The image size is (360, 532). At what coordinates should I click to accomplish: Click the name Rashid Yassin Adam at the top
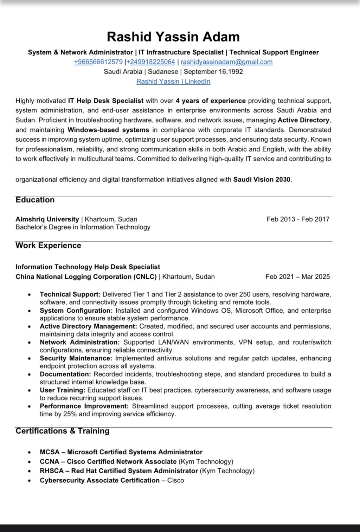pos(173,37)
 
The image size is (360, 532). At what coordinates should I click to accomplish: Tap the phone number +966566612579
pos(98,62)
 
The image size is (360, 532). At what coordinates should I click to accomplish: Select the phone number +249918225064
pos(153,62)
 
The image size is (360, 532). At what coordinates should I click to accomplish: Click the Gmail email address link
pos(226,62)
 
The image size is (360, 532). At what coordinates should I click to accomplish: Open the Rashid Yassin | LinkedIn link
pos(173,82)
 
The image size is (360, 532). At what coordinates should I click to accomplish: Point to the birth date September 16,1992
pos(213,72)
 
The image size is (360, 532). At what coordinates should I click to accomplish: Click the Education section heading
pos(35,200)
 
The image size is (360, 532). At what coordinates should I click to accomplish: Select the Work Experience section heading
pos(48,246)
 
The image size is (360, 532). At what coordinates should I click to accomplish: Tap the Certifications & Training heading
pos(63,431)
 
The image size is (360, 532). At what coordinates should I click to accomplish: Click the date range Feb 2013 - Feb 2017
pos(298,219)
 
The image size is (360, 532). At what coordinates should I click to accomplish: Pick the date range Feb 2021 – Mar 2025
pos(298,277)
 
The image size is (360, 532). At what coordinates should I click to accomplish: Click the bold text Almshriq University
pos(47,219)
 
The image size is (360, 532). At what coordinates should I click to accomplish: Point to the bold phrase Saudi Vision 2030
pos(262,180)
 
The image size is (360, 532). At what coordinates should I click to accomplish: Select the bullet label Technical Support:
pos(70,294)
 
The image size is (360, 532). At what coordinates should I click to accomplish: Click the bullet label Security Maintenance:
pos(76,358)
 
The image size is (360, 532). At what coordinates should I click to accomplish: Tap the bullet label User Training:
pos(63,390)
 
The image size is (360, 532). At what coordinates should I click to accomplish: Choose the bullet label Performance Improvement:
pos(84,406)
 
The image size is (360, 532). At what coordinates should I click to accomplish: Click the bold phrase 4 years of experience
pos(211,101)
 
